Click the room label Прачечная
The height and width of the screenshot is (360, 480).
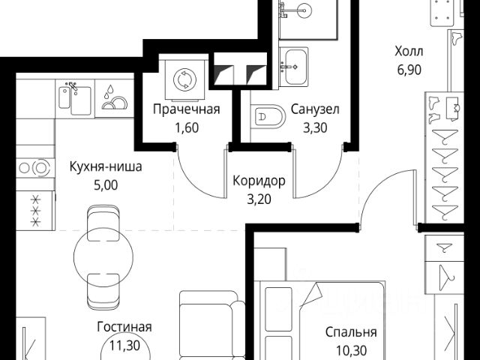tap(186, 110)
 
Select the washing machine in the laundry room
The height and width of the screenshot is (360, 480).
tap(184, 79)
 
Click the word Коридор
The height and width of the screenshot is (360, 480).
tap(259, 182)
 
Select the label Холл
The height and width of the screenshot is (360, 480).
tap(409, 52)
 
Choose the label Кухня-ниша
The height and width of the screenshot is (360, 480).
tap(105, 167)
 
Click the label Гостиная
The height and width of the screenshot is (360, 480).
tap(124, 327)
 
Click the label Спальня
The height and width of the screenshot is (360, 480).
tap(351, 332)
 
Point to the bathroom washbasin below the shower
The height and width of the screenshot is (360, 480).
tap(295, 61)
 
